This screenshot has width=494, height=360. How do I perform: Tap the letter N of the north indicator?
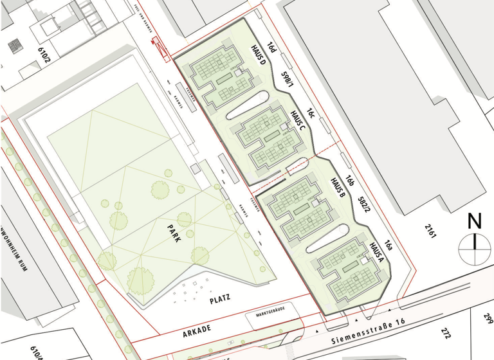[x=475, y=222]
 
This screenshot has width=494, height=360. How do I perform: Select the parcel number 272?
[x=444, y=332]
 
